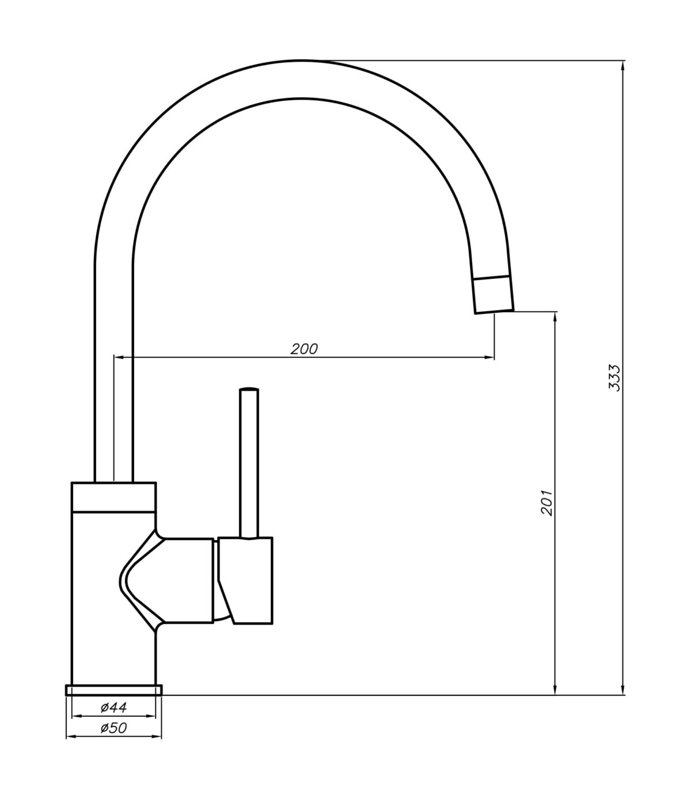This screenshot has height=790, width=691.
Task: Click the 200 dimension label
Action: point(303,349)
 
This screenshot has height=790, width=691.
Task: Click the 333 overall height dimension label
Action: point(614,378)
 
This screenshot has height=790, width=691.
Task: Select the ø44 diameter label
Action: point(113,707)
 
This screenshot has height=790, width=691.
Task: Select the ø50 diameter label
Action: point(113,728)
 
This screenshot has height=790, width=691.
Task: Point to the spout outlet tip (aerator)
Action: point(493,295)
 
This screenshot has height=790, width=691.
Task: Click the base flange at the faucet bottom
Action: point(114,690)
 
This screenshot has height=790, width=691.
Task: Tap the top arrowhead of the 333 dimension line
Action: point(622,65)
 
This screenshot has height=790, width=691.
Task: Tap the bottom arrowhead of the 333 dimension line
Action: point(622,690)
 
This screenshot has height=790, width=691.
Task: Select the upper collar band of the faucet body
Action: point(113,496)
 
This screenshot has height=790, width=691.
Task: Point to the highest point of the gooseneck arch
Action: point(301,61)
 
